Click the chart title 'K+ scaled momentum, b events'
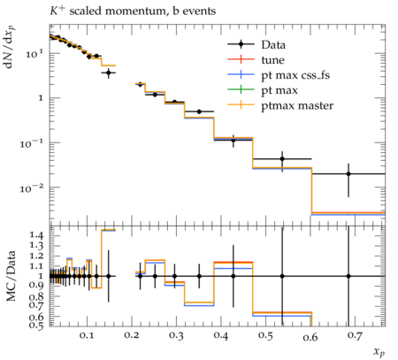[x=133, y=11]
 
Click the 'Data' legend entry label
[x=273, y=45]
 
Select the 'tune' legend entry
[x=272, y=60]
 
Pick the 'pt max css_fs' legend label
[x=295, y=75]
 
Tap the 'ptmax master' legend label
[x=297, y=105]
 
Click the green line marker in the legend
[x=241, y=89]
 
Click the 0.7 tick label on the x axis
[x=355, y=335]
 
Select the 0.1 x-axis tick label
[x=87, y=335]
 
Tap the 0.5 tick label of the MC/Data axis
[x=36, y=325]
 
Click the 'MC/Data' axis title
[x=11, y=276]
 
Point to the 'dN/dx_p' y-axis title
[x=10, y=47]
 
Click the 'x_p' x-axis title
[x=379, y=352]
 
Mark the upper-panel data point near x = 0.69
[x=348, y=173]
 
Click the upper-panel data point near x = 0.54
[x=282, y=158]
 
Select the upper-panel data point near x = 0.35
[x=199, y=111]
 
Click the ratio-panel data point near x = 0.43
[x=233, y=276]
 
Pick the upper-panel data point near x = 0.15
[x=109, y=73]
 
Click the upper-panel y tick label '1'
[x=41, y=98]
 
